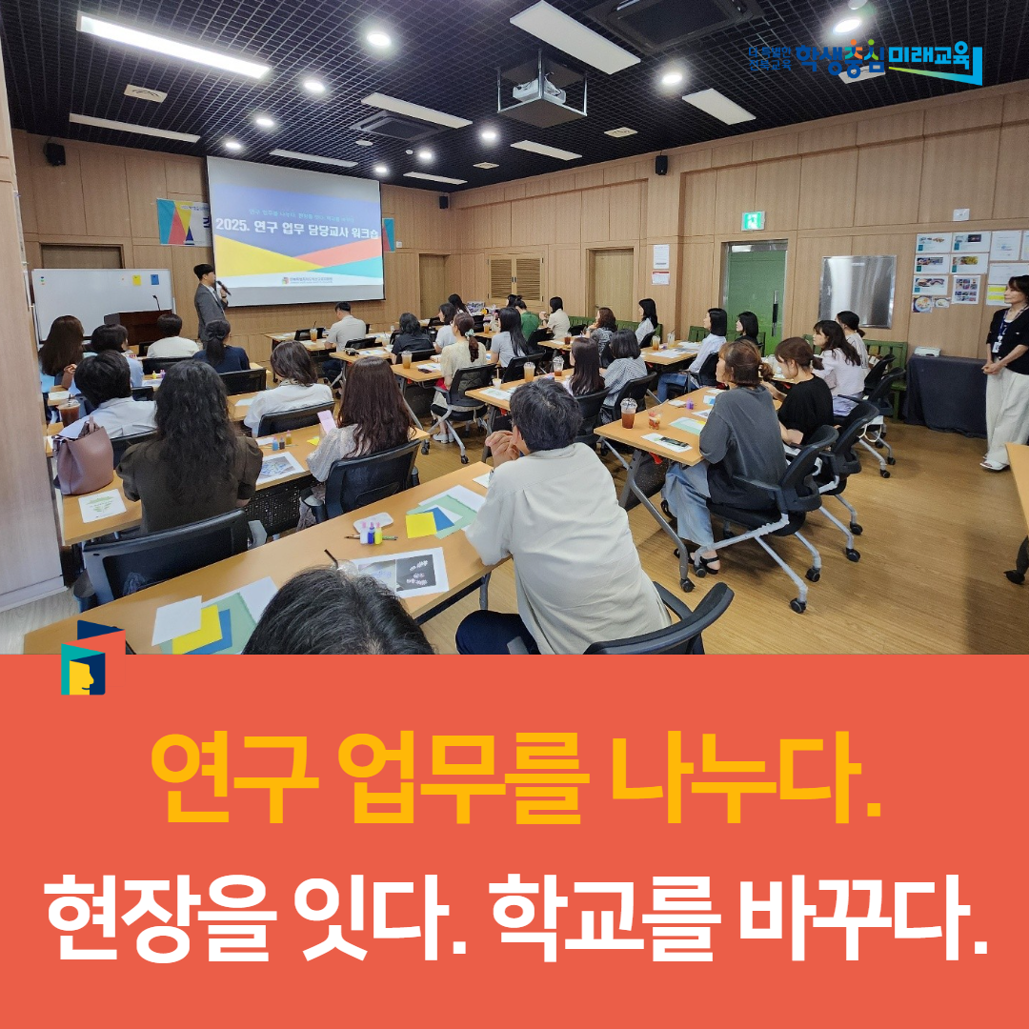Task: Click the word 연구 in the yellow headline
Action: coord(232,770)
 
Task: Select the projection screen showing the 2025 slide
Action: coord(294,232)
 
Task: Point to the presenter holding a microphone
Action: coord(209,299)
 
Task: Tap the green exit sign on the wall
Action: coord(753,221)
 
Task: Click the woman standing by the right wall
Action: coord(1007,371)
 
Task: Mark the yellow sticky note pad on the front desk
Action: coord(420,524)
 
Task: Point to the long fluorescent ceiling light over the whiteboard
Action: coord(172,45)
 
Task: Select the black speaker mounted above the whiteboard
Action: coord(55,153)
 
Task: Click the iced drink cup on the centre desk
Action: coord(628,412)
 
